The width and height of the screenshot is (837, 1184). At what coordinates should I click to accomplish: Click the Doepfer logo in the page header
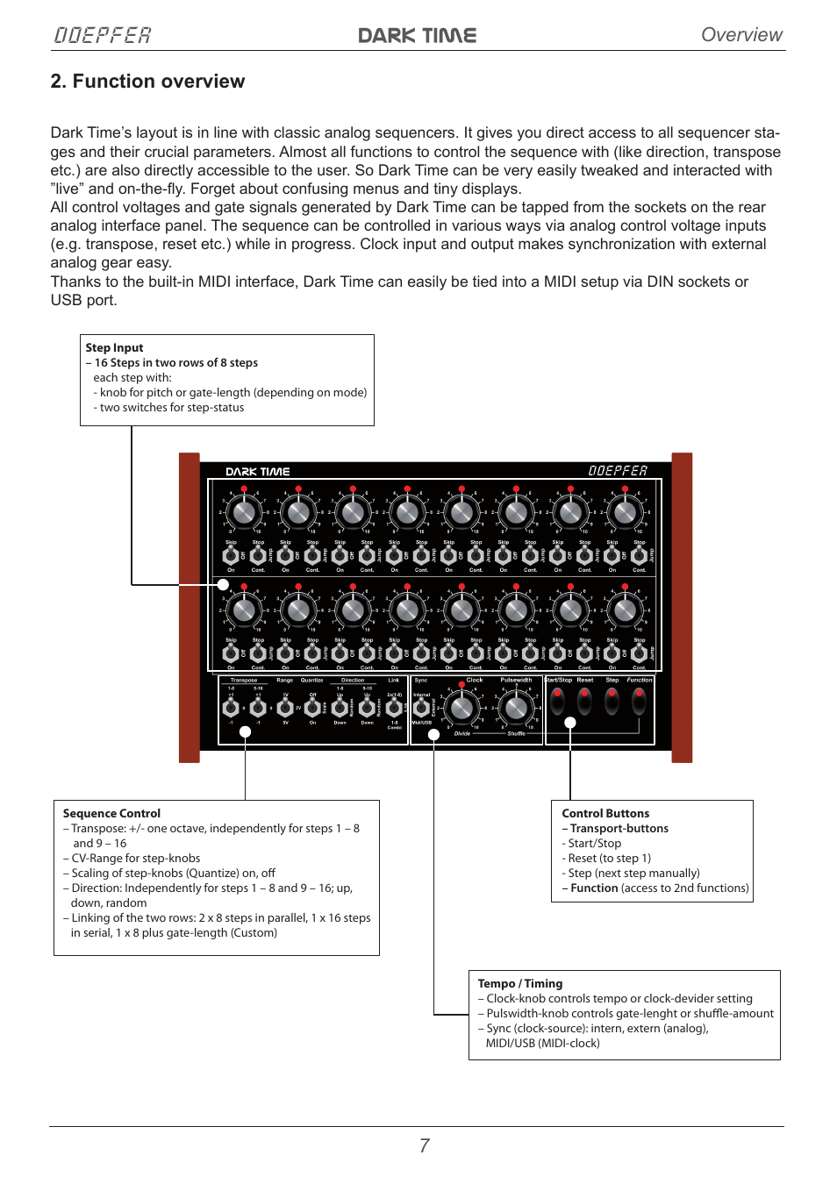(x=103, y=35)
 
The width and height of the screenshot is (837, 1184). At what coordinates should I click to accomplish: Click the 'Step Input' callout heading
(x=114, y=348)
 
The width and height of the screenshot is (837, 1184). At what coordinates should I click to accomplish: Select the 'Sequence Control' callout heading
(x=111, y=814)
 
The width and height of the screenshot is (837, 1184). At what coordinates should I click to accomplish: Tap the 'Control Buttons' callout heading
(x=605, y=814)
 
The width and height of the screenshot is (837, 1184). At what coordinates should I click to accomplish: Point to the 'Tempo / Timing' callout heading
(x=519, y=984)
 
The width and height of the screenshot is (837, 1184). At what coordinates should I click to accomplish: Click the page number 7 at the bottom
(x=425, y=1145)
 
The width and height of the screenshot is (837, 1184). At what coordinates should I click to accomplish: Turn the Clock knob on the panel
(x=461, y=707)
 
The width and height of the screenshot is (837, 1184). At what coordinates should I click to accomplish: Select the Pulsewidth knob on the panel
(x=516, y=707)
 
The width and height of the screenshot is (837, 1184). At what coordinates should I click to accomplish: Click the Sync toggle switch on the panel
(x=421, y=707)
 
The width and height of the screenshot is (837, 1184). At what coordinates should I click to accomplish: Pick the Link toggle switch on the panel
(x=394, y=707)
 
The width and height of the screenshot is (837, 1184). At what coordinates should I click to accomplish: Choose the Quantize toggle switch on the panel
(x=312, y=707)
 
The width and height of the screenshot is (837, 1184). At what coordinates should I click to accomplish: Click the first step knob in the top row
(x=244, y=511)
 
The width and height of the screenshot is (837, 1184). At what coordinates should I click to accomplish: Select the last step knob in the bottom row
(x=625, y=609)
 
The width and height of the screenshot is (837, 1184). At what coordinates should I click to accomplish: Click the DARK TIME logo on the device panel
(x=257, y=472)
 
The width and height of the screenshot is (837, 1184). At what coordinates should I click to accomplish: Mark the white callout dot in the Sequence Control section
(x=246, y=731)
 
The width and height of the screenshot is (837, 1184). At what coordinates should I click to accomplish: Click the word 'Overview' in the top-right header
(x=741, y=35)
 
